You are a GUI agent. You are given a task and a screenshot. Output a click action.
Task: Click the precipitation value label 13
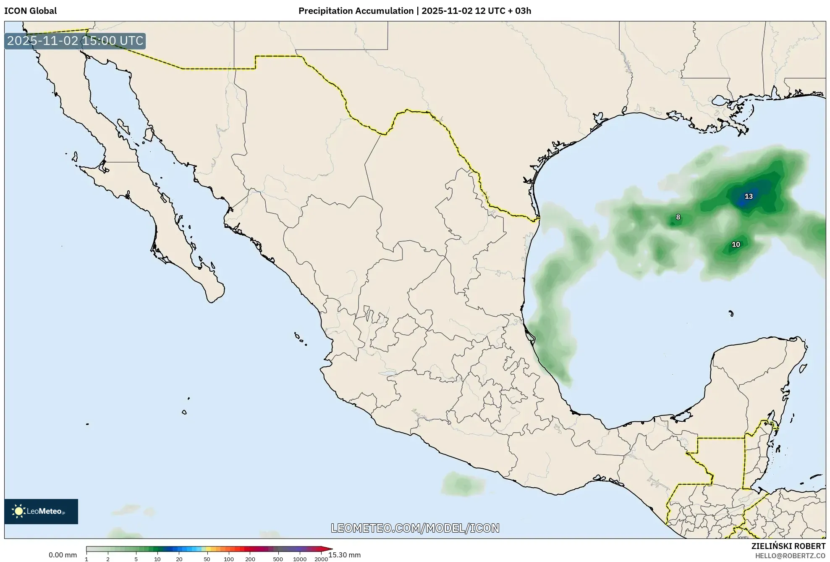point(749,196)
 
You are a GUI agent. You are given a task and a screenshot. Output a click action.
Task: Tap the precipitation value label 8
point(678,217)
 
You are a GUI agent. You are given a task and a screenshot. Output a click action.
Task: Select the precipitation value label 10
point(736,244)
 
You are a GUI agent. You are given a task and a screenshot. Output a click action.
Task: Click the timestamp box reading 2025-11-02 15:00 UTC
point(75,41)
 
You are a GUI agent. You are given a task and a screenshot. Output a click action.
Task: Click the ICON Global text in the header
point(30,11)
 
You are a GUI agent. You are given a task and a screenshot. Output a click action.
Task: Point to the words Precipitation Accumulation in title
point(356,11)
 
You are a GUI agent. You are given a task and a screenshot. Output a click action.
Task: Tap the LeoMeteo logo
point(41,511)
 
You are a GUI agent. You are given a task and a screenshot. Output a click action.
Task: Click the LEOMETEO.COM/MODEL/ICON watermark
point(415,528)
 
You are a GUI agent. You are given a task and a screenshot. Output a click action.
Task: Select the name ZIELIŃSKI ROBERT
point(788,546)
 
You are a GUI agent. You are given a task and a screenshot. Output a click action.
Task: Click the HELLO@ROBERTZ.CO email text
point(790,555)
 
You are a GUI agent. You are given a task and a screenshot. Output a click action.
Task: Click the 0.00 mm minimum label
point(63,555)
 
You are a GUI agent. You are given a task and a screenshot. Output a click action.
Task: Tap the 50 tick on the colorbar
point(207,559)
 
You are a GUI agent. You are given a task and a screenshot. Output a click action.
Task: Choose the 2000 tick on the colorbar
point(321,559)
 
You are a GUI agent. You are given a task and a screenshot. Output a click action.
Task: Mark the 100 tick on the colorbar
point(229,559)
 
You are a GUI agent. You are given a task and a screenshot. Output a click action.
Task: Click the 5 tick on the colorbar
point(136,559)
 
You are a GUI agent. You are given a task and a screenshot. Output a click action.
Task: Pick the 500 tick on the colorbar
point(278,559)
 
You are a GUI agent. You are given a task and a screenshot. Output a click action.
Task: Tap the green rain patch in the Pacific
point(461,483)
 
